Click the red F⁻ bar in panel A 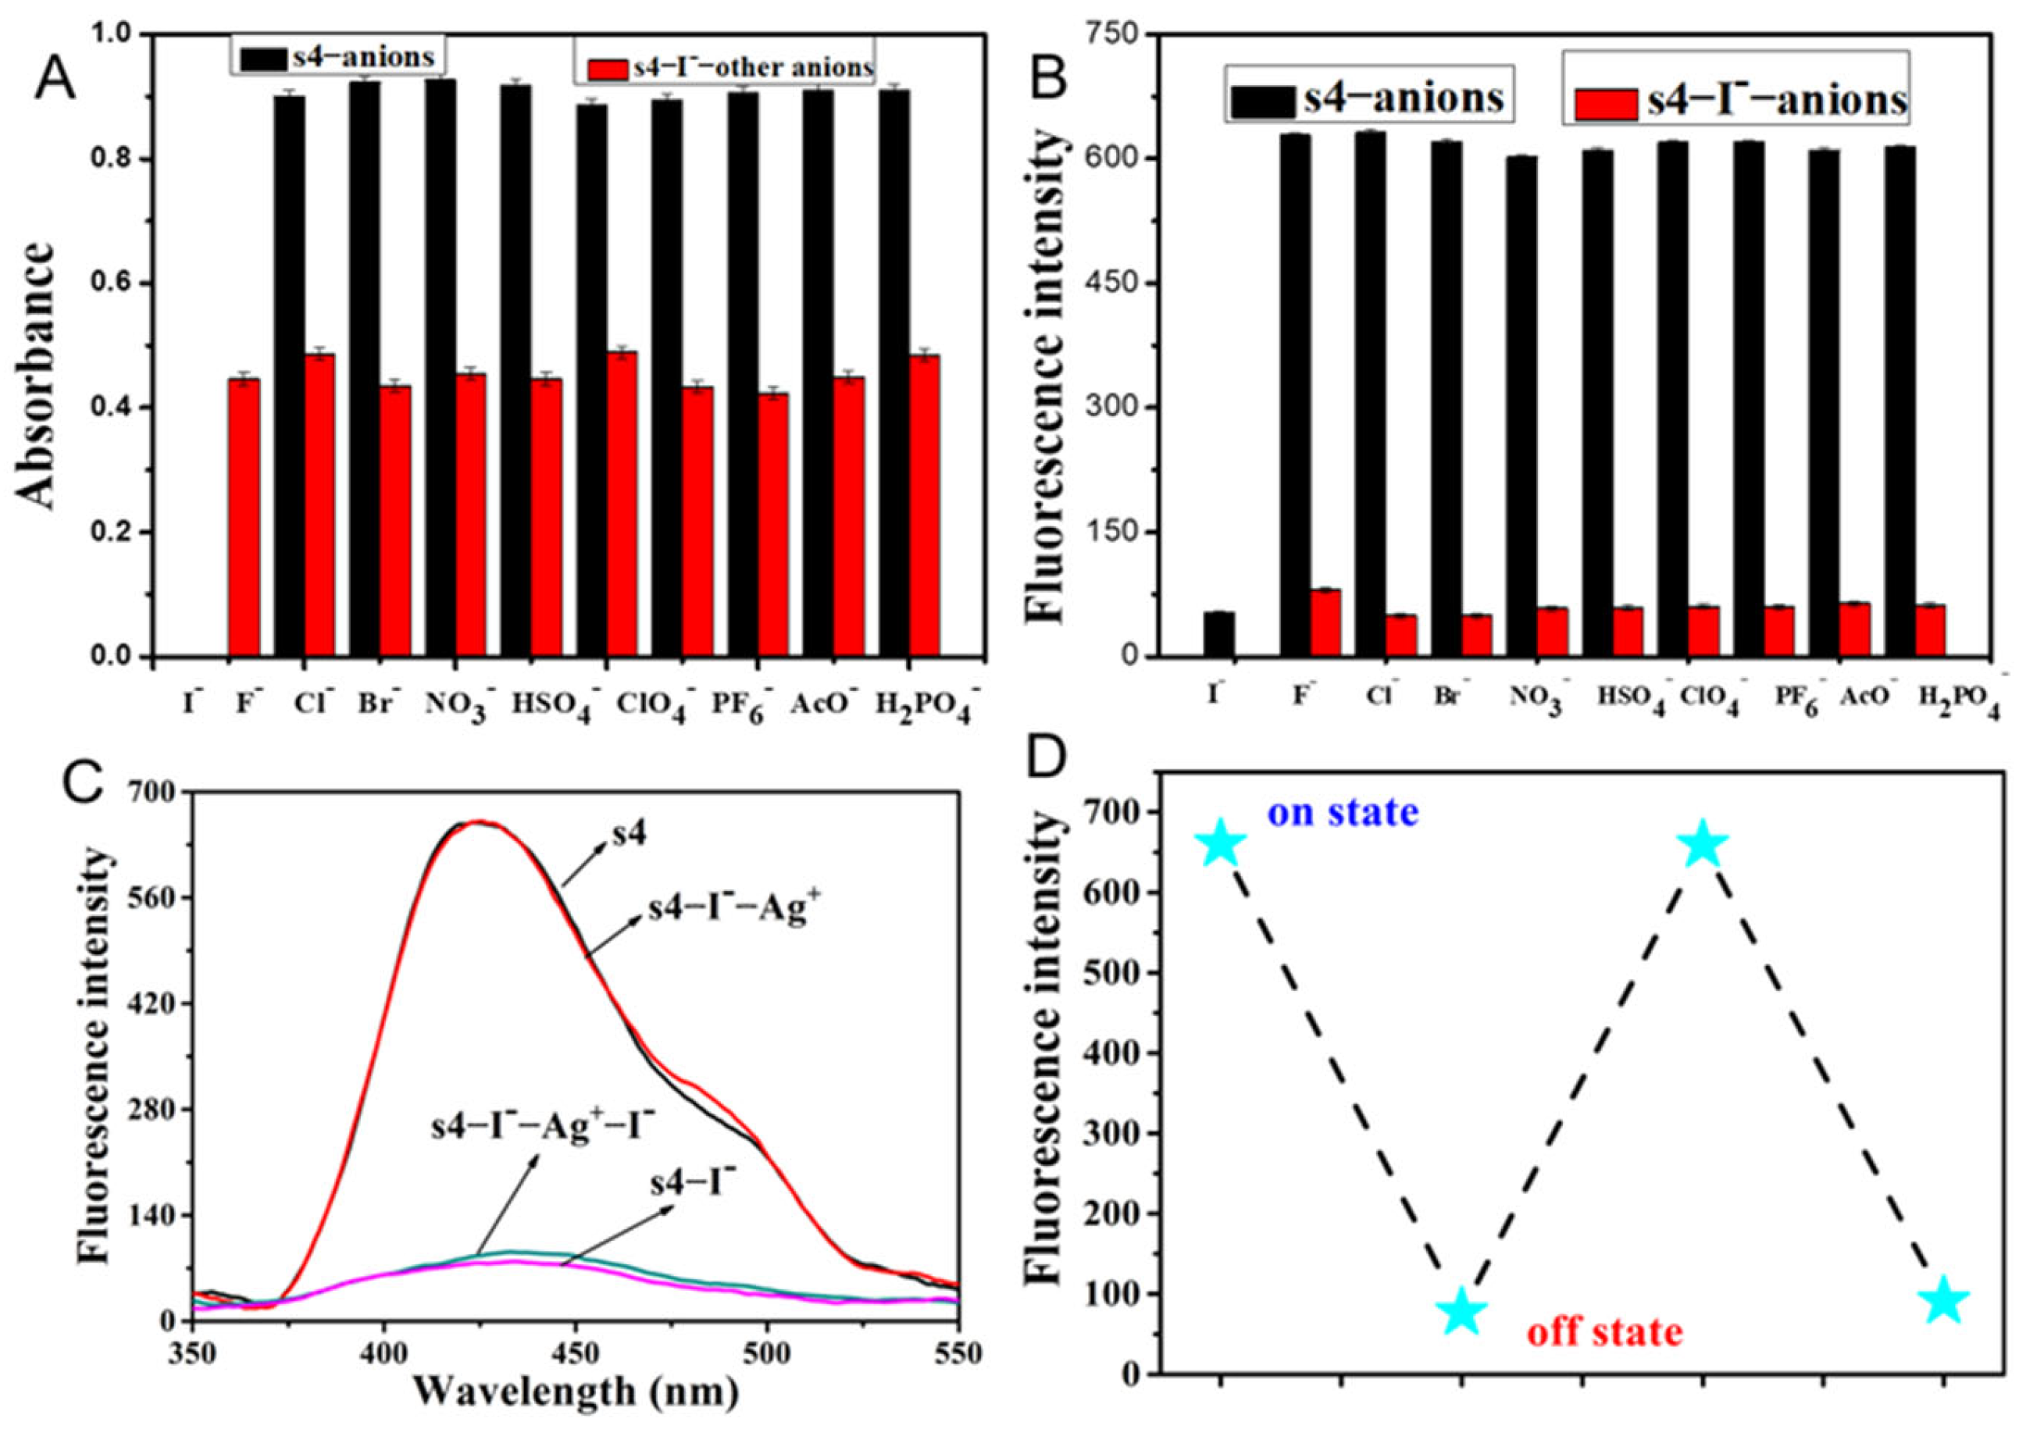click(244, 518)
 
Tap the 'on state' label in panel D click(1343, 811)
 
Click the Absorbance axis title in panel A click(37, 375)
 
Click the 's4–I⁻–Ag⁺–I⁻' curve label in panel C click(543, 1128)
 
